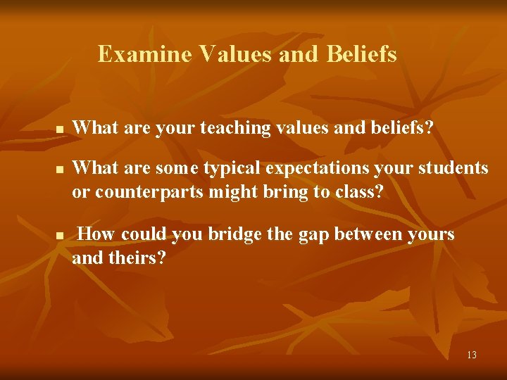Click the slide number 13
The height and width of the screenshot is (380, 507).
[471, 355]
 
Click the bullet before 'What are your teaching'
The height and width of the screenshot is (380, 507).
[60, 130]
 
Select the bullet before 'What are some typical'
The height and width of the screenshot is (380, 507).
[60, 170]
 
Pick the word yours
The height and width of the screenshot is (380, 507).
[432, 234]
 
